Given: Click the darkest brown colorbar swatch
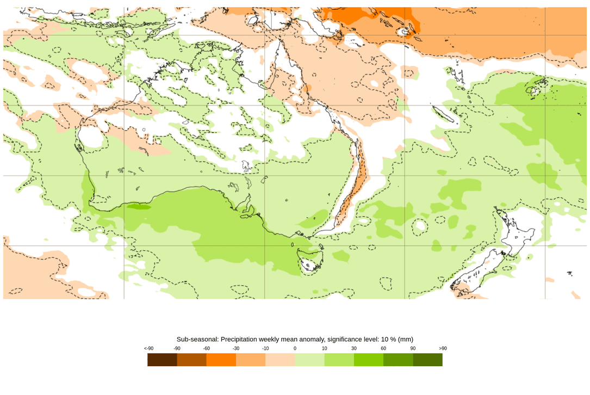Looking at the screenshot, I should coord(162,360).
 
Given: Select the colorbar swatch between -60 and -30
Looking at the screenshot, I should coord(221,360).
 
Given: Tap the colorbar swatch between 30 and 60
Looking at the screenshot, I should coord(369,360).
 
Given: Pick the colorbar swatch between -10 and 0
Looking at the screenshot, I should coord(280,360).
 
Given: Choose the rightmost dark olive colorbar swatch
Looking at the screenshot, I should coord(427,360).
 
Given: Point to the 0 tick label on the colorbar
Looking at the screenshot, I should coord(295,348).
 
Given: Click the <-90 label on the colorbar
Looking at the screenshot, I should coord(148,348).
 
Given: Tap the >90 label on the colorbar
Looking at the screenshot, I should coord(443,348).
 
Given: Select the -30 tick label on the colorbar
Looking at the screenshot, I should coord(236,348).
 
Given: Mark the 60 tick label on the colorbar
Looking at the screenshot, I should coord(383,348).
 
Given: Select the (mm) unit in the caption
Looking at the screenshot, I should coord(405,339).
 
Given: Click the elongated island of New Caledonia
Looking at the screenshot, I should coord(444,115).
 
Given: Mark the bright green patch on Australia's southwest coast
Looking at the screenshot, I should coord(139,206).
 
